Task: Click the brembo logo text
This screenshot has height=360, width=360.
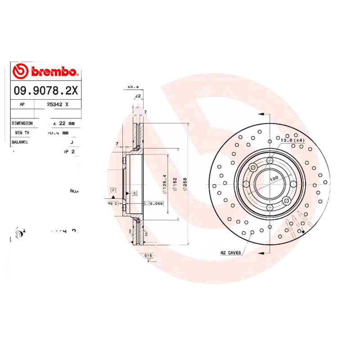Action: tap(53, 72)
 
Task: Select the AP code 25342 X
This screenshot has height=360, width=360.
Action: tap(58, 104)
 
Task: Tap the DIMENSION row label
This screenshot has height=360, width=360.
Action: tap(22, 123)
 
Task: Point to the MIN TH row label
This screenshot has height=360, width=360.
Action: tap(22, 133)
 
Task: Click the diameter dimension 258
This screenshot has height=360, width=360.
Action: tap(185, 184)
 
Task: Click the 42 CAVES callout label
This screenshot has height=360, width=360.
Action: tap(230, 253)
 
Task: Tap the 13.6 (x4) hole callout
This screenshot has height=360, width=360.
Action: tap(293, 141)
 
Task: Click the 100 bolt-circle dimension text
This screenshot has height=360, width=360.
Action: tap(273, 179)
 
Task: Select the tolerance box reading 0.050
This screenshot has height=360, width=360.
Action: tap(157, 203)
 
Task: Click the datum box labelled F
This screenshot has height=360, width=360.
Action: tap(113, 191)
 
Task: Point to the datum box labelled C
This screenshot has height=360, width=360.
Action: tap(134, 193)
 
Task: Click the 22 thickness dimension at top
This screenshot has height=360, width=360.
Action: tap(138, 96)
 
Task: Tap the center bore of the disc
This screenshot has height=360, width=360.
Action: tap(269, 184)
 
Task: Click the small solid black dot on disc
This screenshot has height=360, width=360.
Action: tap(303, 232)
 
